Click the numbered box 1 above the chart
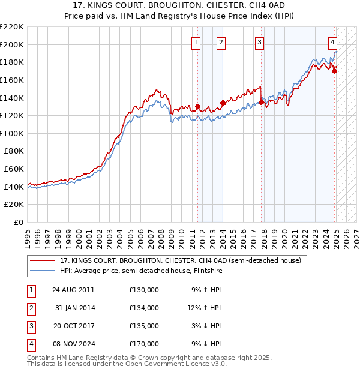(x=197, y=42)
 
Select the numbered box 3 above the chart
(x=259, y=42)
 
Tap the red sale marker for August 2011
(x=197, y=107)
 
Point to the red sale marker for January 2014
(x=223, y=103)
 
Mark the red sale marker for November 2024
(x=334, y=71)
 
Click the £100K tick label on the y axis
(x=13, y=133)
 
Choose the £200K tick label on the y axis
(x=13, y=44)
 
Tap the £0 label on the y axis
(x=19, y=222)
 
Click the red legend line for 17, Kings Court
(x=43, y=261)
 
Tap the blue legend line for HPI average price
(x=43, y=271)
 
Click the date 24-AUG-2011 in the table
(x=73, y=290)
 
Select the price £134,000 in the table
(x=144, y=308)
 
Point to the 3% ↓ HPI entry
(x=206, y=326)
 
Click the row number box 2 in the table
(x=31, y=308)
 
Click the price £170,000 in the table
(x=144, y=344)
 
